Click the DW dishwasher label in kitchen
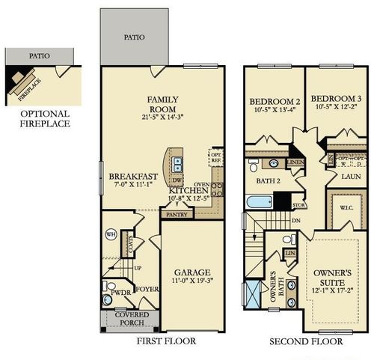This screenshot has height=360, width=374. point(178,180)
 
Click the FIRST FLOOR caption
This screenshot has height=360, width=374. point(166,341)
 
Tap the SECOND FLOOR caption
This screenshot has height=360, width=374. point(306,341)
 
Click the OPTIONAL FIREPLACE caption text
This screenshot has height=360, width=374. point(46,118)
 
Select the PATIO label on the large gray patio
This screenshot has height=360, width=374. point(135,36)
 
